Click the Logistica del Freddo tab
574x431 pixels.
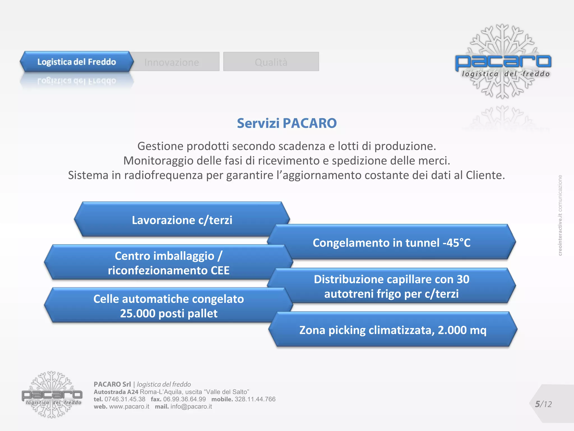(76, 62)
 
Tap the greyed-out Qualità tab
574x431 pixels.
(271, 62)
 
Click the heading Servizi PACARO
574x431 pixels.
(287, 123)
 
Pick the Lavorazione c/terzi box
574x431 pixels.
(182, 220)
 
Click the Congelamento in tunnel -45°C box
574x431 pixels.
(392, 243)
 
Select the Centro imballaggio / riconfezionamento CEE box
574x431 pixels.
(168, 263)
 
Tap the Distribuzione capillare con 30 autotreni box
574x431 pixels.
(392, 286)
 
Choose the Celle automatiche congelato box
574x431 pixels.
(168, 306)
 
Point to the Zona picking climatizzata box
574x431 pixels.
(393, 330)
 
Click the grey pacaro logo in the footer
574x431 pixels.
(52, 395)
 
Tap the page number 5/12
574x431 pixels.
(543, 404)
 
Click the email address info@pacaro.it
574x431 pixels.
(191, 407)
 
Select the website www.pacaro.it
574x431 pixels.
(129, 407)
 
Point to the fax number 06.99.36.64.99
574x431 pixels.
(184, 399)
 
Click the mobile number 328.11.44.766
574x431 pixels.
(255, 399)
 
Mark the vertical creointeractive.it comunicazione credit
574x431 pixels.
(560, 215)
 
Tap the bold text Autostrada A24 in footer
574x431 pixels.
(116, 392)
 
